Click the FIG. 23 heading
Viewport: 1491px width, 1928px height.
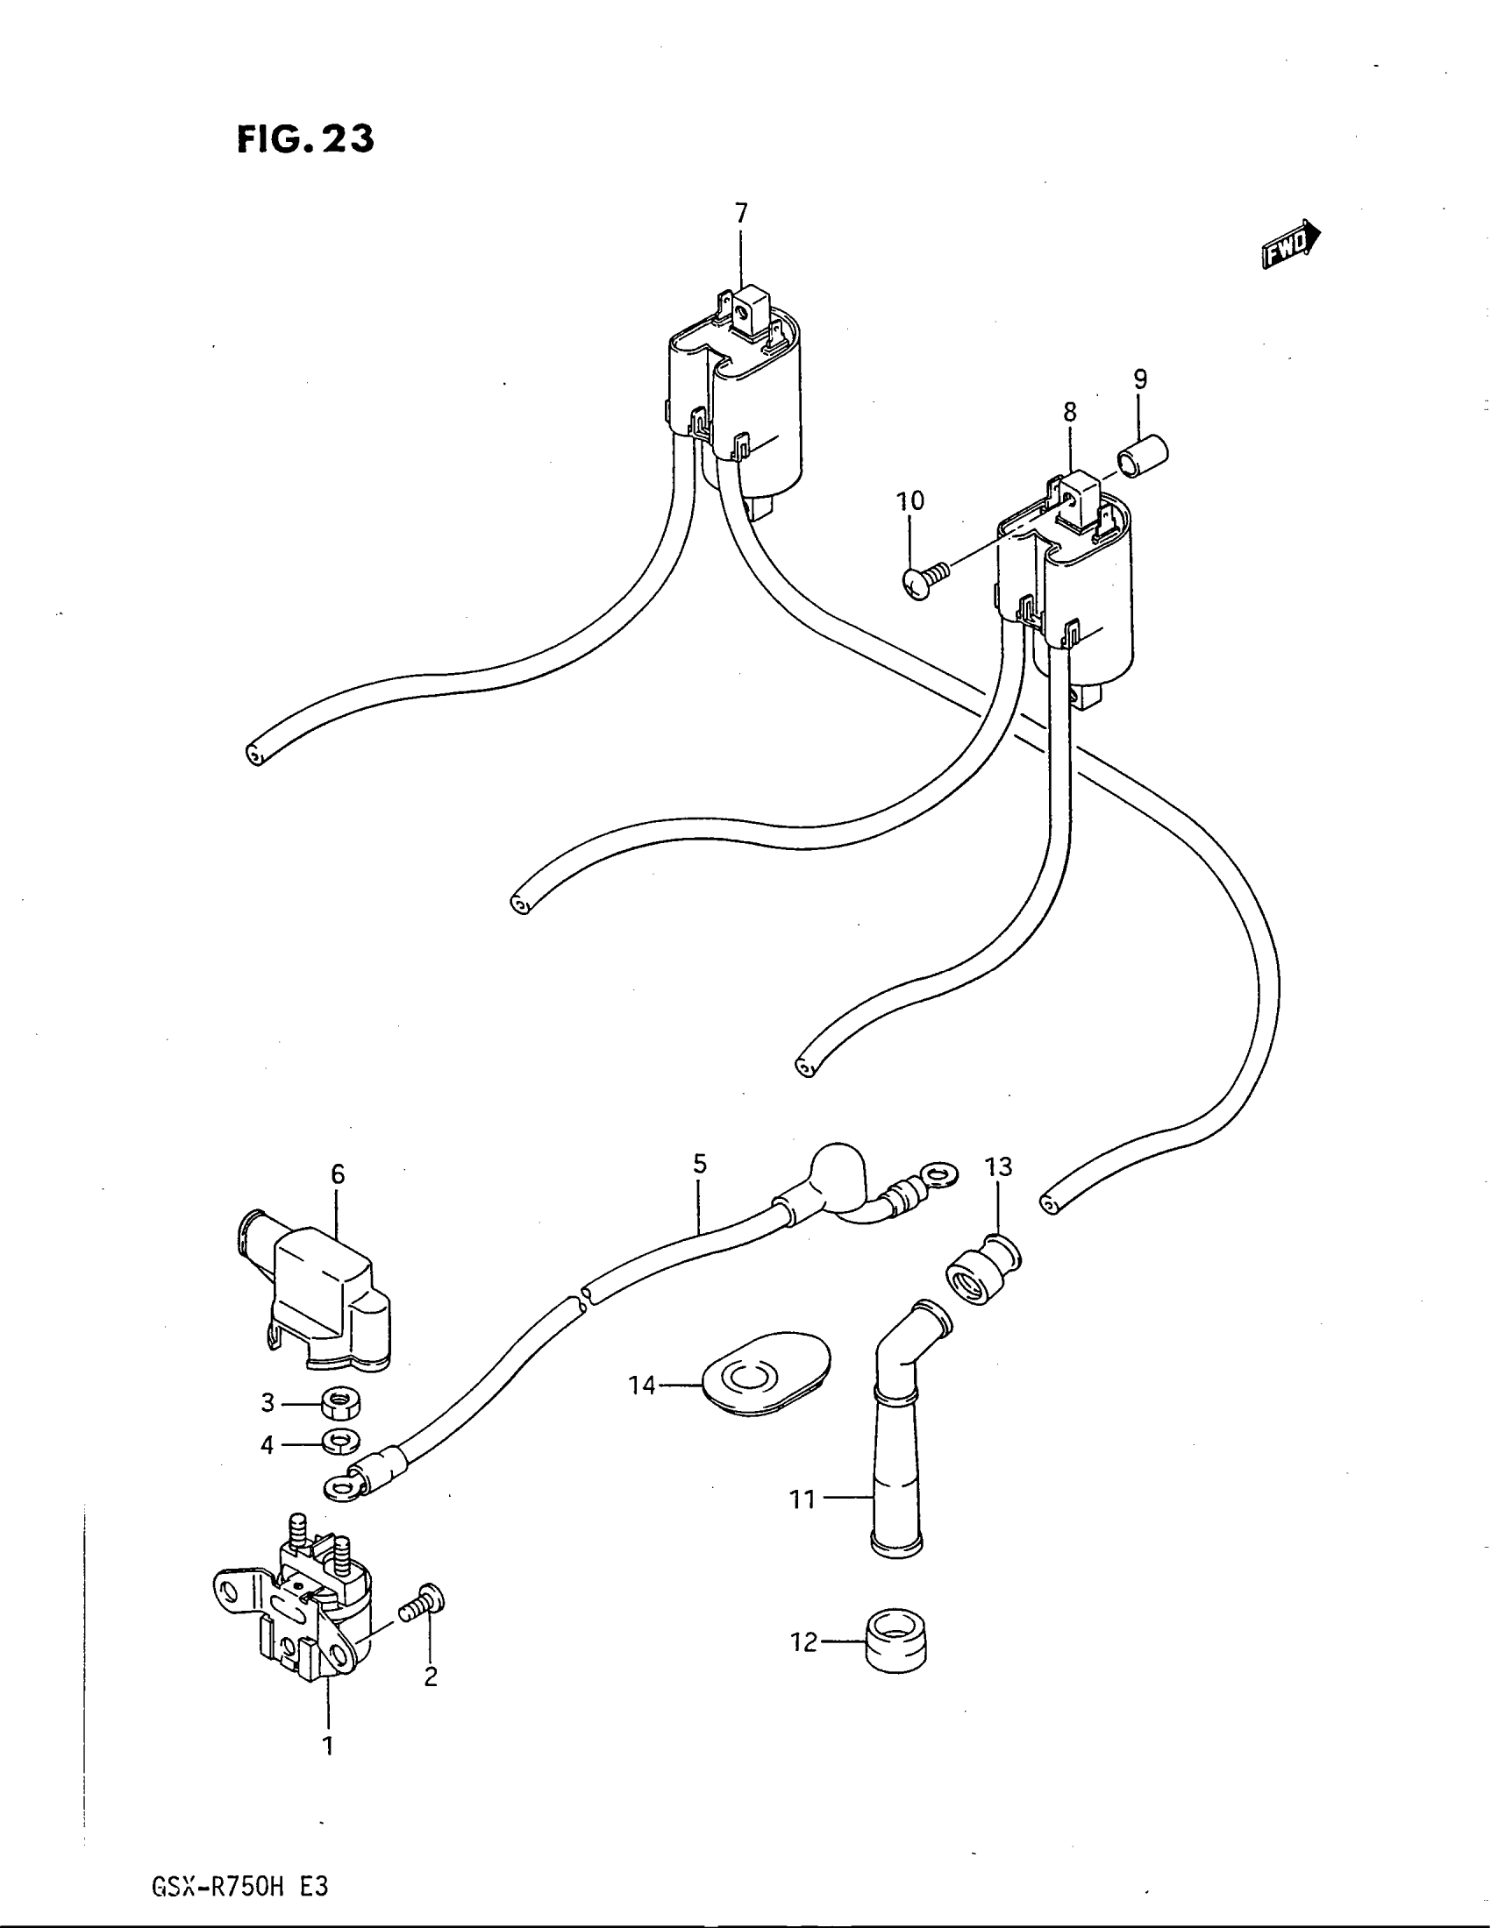(x=305, y=139)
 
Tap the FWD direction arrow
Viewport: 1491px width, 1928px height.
(x=1290, y=245)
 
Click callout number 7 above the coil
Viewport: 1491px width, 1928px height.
(x=741, y=213)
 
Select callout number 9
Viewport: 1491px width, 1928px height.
(x=1140, y=379)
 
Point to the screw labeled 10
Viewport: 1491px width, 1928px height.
(x=925, y=580)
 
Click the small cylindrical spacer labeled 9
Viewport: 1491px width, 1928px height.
(x=1144, y=457)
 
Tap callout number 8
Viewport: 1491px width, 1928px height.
(x=1070, y=412)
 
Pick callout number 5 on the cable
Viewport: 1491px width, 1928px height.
(x=700, y=1165)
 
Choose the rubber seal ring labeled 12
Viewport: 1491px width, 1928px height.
(x=896, y=1643)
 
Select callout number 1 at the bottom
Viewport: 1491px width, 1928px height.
(x=328, y=1745)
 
